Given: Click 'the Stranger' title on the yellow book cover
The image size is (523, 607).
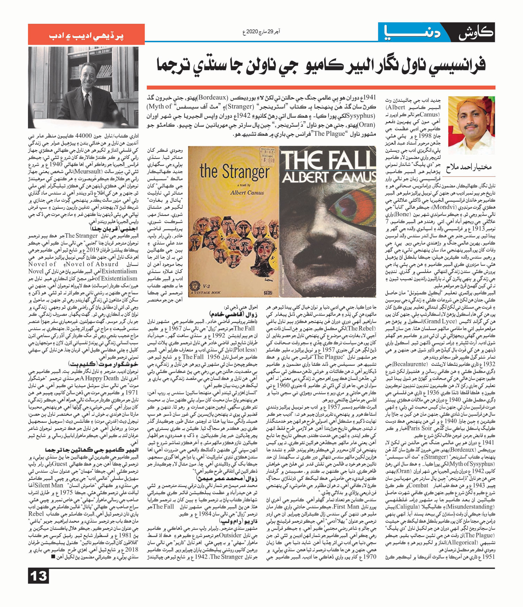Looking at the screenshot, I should click(234, 172).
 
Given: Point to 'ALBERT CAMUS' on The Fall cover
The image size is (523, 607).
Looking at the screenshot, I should click(328, 178).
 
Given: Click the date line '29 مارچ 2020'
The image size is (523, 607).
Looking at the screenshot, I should click(261, 32).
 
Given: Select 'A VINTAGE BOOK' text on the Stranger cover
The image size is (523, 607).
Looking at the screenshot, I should click(205, 293).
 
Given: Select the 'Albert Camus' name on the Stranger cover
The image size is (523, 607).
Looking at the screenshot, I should click(247, 192).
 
